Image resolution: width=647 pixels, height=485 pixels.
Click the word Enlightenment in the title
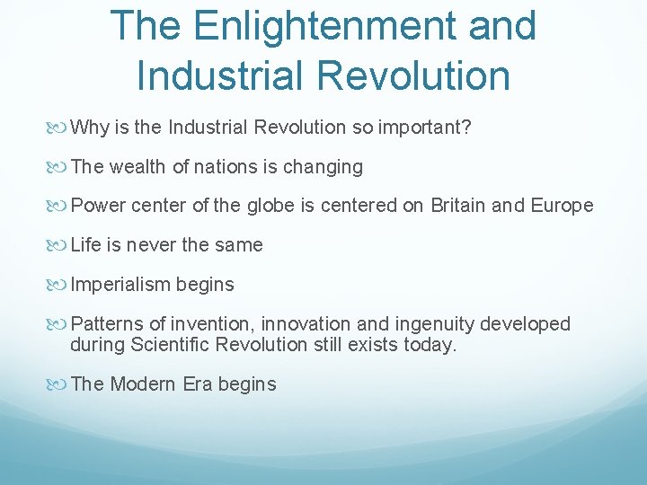coord(316,26)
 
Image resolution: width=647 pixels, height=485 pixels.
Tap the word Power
coord(98,206)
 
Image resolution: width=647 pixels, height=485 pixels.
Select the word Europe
coord(562,206)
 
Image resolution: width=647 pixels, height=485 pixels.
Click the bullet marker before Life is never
coord(60,245)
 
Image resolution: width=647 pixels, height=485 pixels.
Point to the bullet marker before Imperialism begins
coord(60,285)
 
